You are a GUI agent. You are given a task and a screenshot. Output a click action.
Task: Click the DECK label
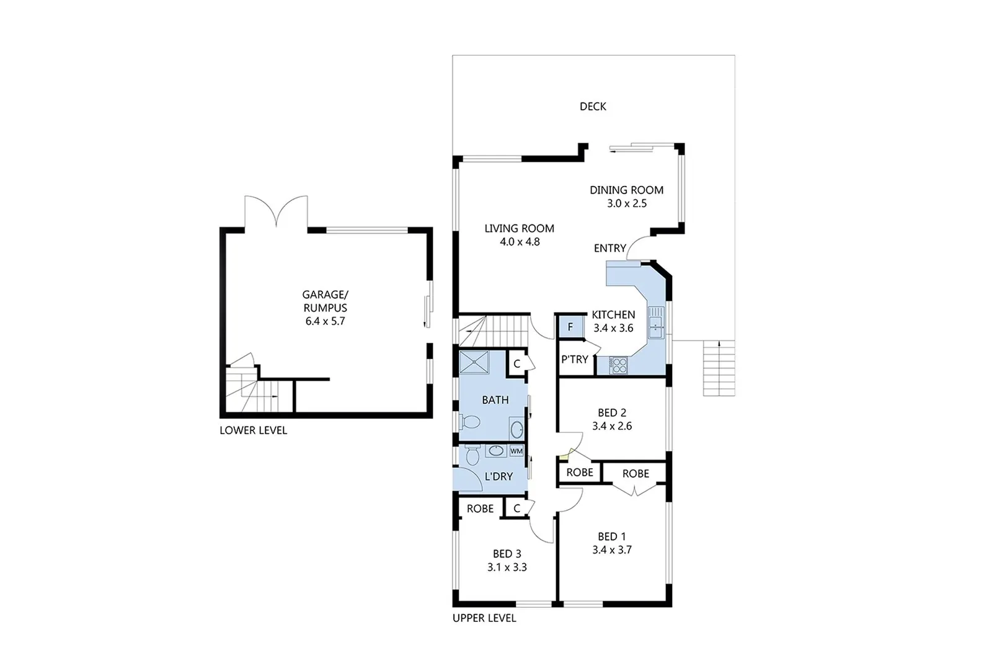[x=593, y=106]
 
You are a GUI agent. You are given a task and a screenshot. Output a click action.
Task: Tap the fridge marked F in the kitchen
[x=570, y=327]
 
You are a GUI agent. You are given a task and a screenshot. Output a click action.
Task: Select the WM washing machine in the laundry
[x=516, y=451]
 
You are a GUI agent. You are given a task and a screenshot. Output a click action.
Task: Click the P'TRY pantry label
[x=574, y=359]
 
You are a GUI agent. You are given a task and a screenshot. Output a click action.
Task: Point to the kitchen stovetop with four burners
[x=618, y=365]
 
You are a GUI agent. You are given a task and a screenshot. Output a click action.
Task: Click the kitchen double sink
[x=656, y=322]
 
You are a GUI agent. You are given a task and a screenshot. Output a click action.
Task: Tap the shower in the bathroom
[x=474, y=362]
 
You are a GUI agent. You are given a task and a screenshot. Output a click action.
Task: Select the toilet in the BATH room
[x=469, y=422]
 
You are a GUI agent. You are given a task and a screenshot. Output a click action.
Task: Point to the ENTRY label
[x=610, y=249]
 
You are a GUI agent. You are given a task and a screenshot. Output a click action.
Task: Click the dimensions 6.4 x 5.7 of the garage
[x=325, y=321]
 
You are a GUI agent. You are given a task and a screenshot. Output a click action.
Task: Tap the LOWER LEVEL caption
[x=254, y=430]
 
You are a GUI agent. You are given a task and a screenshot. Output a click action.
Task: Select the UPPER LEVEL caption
[x=484, y=618]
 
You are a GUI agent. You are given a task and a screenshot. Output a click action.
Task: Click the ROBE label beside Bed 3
[x=480, y=508]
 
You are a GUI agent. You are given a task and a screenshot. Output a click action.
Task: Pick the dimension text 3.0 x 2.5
[x=627, y=203]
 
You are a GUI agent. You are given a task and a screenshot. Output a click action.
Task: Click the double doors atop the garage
[x=277, y=211]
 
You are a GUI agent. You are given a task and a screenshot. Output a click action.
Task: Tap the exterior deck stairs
[x=719, y=368]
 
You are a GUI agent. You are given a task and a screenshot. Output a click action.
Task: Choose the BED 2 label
[x=612, y=413]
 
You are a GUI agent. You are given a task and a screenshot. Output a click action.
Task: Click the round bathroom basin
[x=516, y=429]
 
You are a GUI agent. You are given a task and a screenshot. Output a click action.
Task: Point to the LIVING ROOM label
[x=519, y=229]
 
